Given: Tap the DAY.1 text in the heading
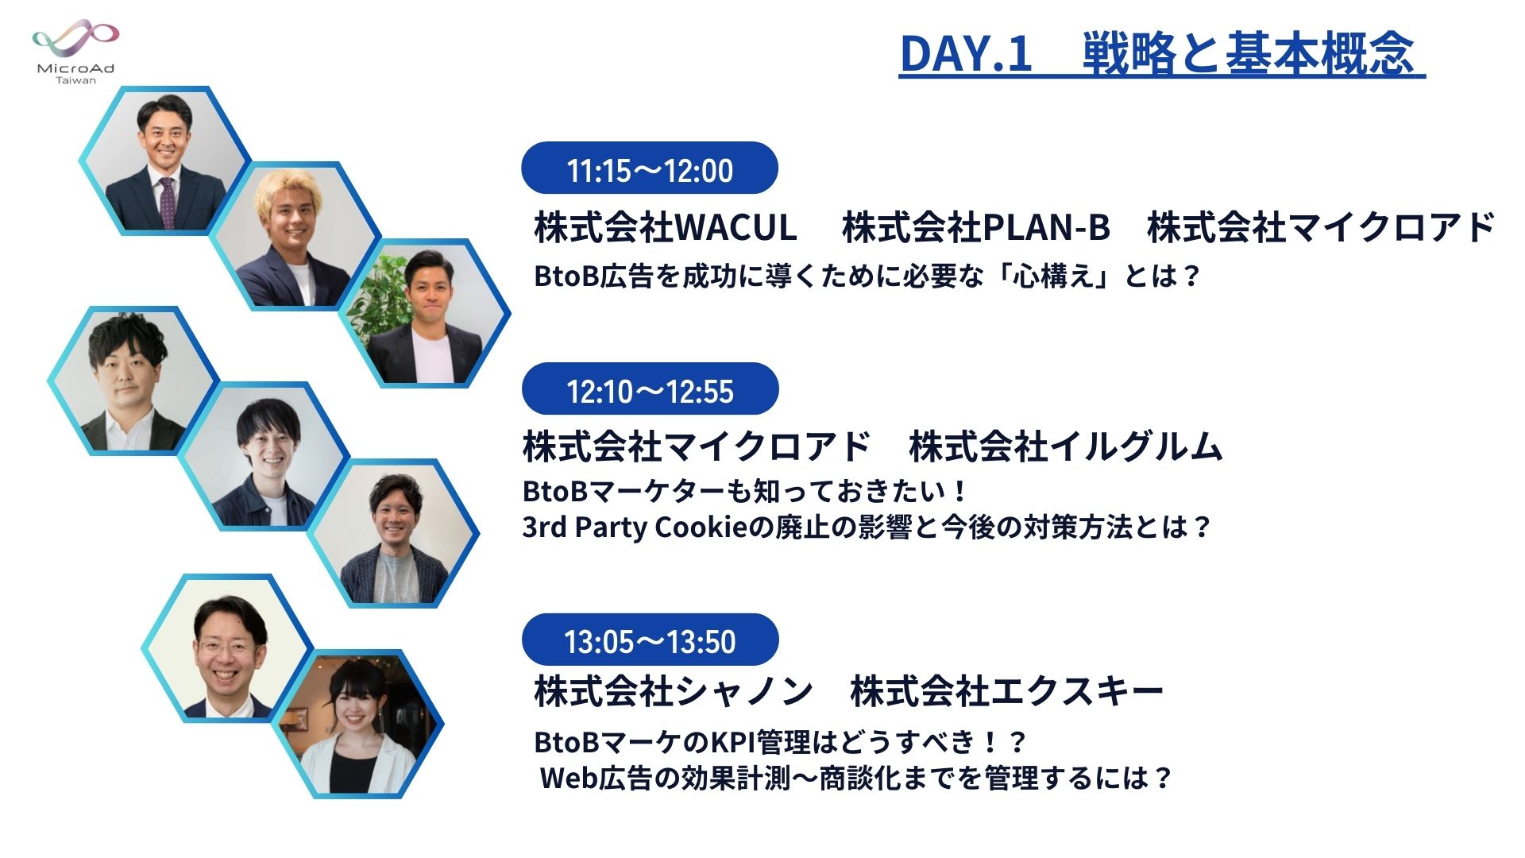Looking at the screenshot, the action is coord(965,54).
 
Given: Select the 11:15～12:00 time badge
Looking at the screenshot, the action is coord(650,168).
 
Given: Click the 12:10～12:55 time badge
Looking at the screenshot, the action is coord(650,389).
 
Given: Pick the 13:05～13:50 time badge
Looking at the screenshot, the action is coord(650,640).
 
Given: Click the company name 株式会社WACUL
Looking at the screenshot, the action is coord(666,227).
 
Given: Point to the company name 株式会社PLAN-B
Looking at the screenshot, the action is coord(975,227).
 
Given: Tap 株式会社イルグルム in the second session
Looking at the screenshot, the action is coord(1066,446).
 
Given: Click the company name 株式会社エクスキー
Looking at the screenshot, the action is coord(1007,691).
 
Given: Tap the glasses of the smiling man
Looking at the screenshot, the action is coord(226,647).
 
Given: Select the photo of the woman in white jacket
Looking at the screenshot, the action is coord(357,725).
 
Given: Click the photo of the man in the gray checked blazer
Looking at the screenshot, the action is coord(393,534).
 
